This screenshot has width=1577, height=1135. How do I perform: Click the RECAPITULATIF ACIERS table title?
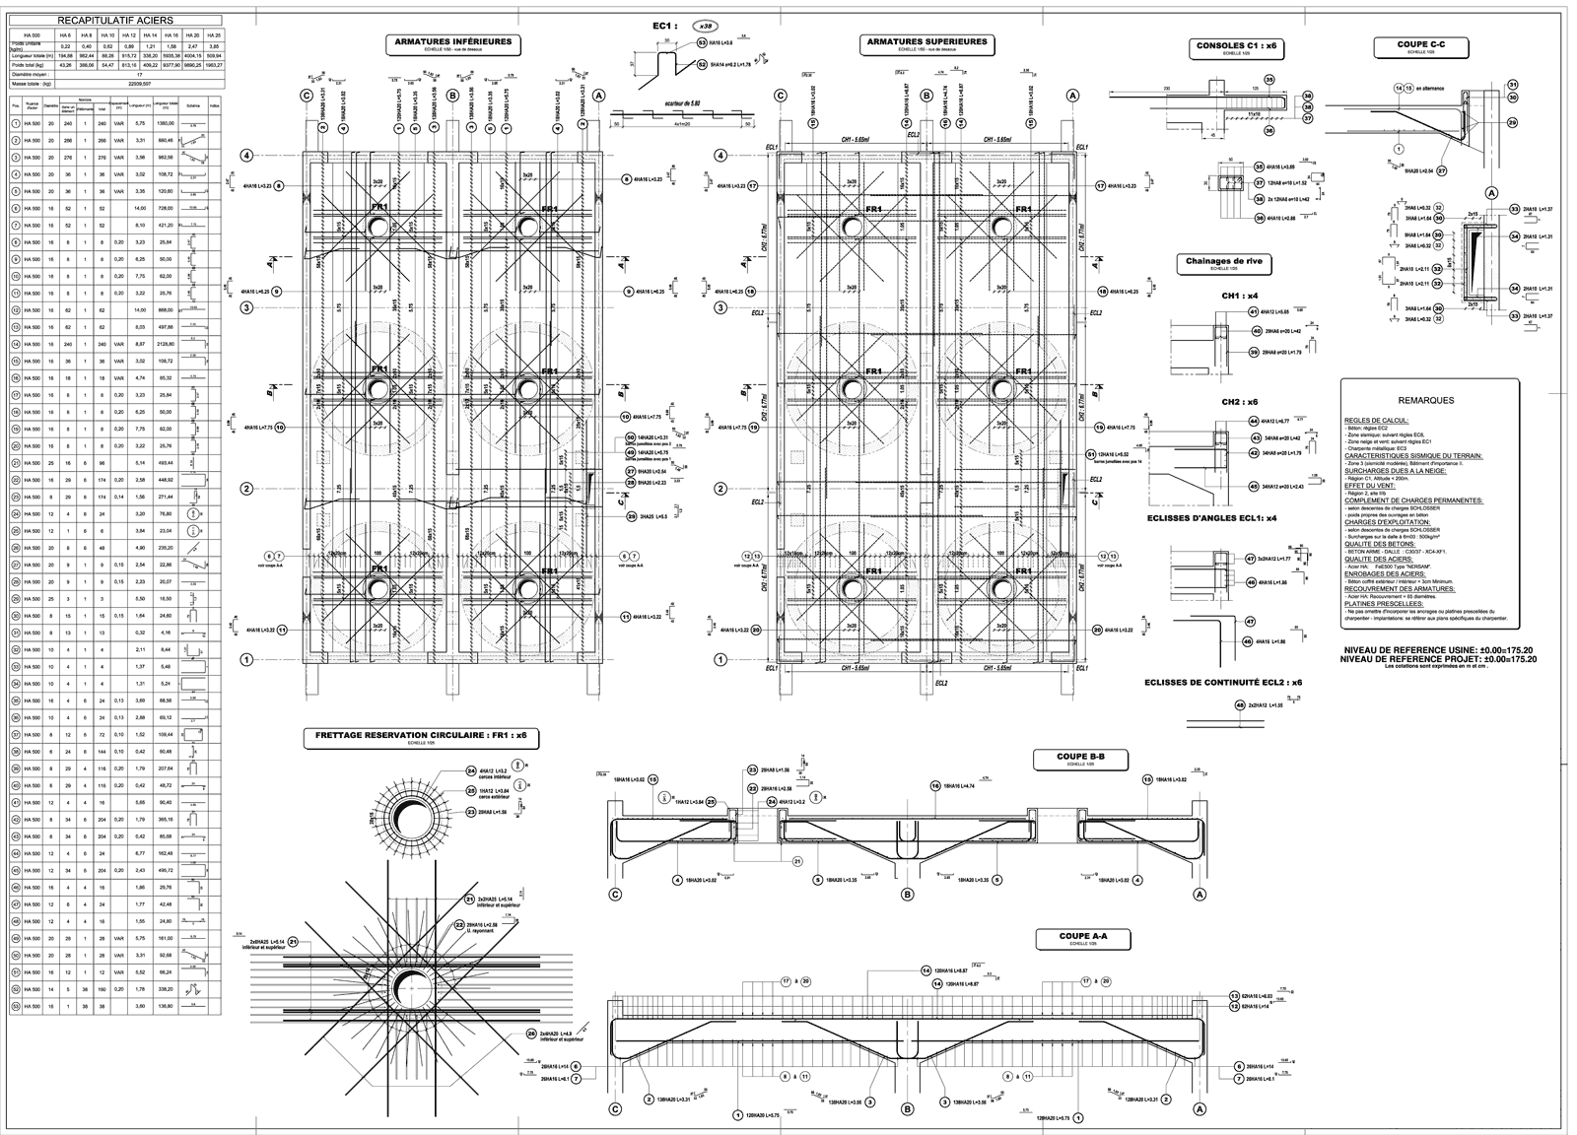point(115,19)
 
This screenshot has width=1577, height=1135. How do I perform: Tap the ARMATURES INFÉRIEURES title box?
point(451,44)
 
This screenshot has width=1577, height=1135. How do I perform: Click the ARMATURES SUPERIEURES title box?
point(926,44)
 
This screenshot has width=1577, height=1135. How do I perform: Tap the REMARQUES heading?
point(1426,401)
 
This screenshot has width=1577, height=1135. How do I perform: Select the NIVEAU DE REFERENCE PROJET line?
point(1438,660)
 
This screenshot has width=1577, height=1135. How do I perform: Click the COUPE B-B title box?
point(1080,759)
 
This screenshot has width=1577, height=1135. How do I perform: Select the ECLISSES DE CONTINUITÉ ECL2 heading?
point(1223,682)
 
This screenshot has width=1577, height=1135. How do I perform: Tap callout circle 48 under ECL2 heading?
point(1239,705)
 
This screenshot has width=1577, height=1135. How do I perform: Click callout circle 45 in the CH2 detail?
point(1255,486)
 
